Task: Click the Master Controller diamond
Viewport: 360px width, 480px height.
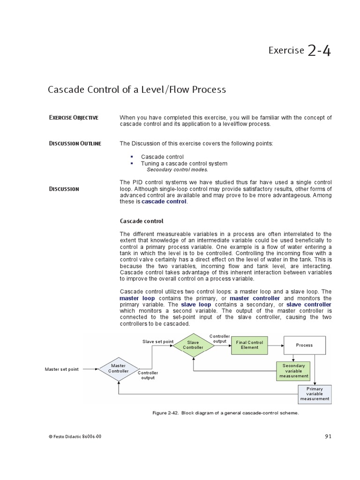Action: coord(119,368)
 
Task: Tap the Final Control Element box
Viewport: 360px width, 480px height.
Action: coord(249,345)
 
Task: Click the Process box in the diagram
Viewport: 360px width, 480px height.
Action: coord(304,345)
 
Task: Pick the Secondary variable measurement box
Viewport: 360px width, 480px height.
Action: coord(293,371)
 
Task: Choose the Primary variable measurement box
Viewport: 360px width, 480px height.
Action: coord(315,394)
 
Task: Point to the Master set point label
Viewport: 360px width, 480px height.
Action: coord(62,369)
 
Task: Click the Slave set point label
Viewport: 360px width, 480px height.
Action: coord(157,342)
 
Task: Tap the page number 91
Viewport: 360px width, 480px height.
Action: coord(328,436)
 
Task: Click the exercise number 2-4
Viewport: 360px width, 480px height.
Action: coord(319,50)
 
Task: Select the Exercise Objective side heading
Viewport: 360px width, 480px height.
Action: coord(74,118)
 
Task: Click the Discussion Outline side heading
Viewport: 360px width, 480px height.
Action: coord(75,143)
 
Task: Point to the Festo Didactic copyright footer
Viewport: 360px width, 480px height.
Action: coord(75,437)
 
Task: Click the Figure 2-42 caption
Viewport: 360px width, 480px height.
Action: coord(225,413)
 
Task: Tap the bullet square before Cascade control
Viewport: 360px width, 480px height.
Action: coord(132,157)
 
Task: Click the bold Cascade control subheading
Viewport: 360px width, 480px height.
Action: coord(142,221)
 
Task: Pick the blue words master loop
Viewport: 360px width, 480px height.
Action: coord(137,298)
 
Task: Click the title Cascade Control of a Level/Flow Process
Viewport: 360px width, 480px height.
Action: coord(137,89)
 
